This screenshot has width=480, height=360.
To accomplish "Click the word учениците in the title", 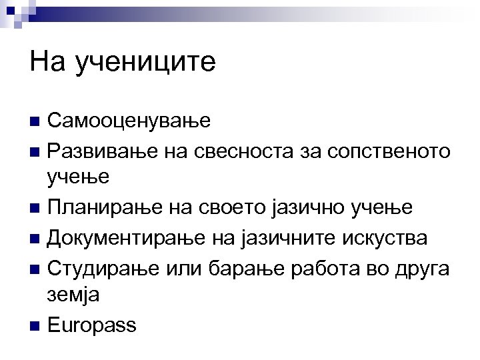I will click(x=146, y=63).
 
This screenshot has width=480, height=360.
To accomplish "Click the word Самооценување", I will click(x=129, y=121).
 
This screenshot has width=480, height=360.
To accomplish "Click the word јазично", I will click(x=316, y=208).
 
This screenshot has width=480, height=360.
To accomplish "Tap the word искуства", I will click(x=389, y=238).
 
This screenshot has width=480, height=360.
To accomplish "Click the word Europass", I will click(x=92, y=326).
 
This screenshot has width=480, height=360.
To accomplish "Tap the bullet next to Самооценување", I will click(x=36, y=122).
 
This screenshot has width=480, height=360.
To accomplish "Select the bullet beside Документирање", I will click(x=36, y=239).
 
